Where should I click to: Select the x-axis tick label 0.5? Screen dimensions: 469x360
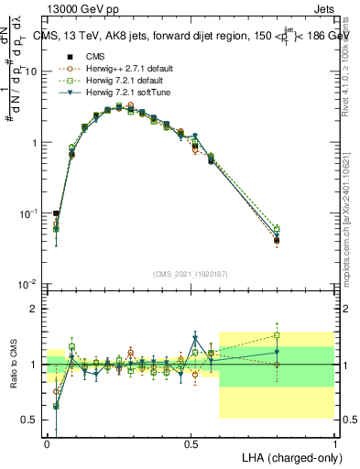(191, 442)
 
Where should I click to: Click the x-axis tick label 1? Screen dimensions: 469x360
(335, 442)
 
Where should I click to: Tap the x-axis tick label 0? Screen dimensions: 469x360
(48, 442)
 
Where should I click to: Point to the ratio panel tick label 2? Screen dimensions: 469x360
(33, 310)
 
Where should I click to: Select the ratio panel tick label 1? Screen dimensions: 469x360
(33, 365)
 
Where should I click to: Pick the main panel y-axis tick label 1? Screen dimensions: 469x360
(33, 143)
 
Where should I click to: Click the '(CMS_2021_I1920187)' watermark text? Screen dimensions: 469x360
(191, 274)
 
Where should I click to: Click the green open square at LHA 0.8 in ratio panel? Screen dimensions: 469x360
(277, 335)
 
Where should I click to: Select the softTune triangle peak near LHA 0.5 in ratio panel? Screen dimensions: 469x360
(195, 337)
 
